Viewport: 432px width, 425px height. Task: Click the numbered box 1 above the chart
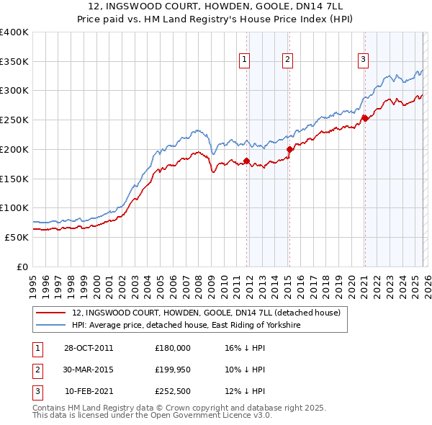click(x=245, y=60)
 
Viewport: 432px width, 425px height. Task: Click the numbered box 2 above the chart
click(x=287, y=60)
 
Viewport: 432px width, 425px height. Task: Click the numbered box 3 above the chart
click(x=364, y=60)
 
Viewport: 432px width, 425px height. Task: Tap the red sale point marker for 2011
click(x=246, y=161)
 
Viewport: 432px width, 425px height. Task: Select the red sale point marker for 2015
click(x=289, y=149)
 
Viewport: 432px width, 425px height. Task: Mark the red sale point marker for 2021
click(x=365, y=118)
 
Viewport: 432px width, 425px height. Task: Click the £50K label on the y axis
click(x=17, y=237)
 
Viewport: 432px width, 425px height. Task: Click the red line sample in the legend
click(x=51, y=313)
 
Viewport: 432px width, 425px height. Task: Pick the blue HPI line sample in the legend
click(x=51, y=326)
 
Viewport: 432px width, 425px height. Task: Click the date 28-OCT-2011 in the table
click(x=89, y=348)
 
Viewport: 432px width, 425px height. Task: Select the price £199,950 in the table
click(x=173, y=370)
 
